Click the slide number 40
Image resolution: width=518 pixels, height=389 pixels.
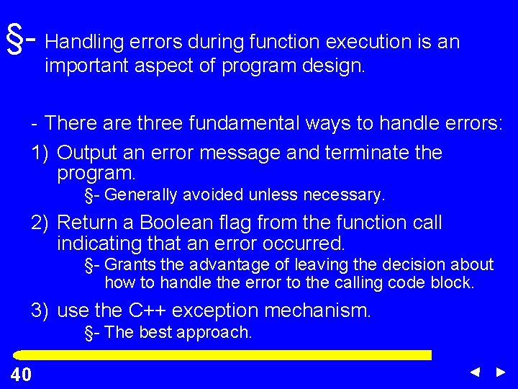pyautogui.click(x=21, y=374)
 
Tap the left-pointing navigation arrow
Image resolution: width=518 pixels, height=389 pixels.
pyautogui.click(x=475, y=372)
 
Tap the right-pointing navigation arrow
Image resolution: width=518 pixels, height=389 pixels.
pyautogui.click(x=501, y=372)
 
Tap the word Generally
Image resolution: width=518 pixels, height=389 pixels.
pyautogui.click(x=143, y=194)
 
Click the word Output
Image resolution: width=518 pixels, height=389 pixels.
pyautogui.click(x=87, y=153)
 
